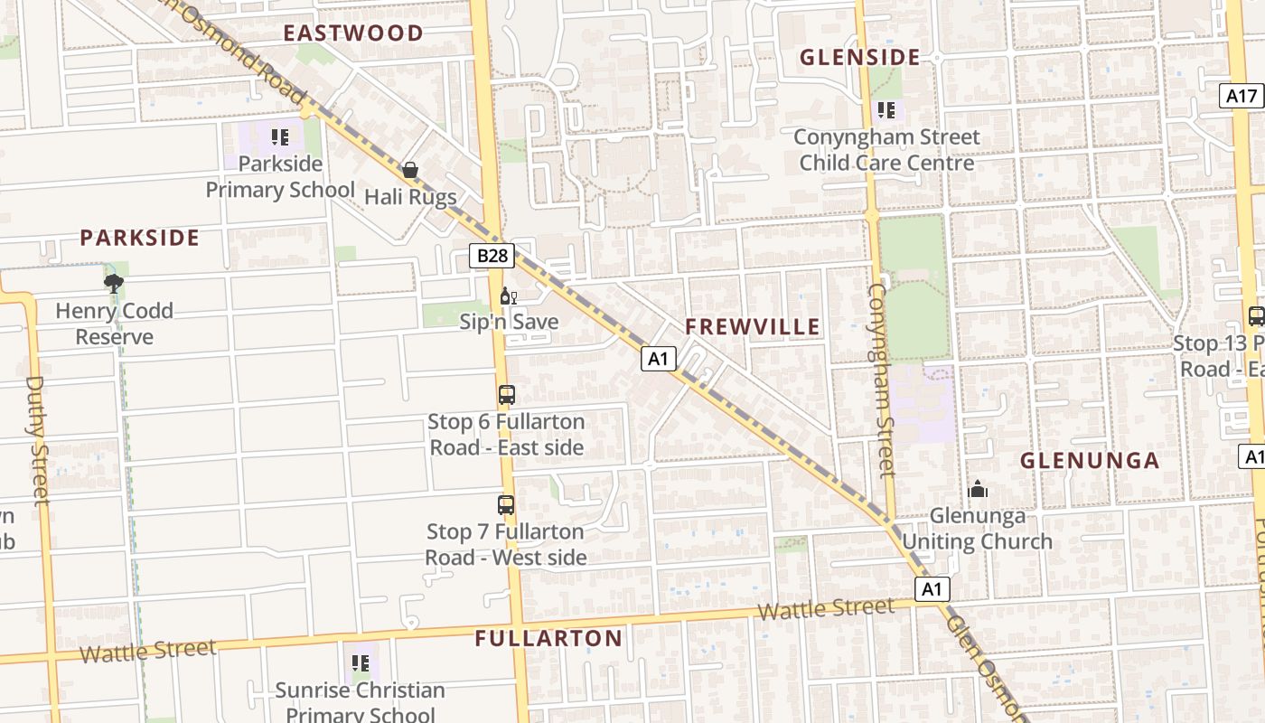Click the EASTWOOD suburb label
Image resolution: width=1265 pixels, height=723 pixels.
tap(353, 33)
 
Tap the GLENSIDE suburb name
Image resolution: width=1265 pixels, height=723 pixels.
tap(860, 58)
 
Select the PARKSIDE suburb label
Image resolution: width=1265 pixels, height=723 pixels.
tap(139, 238)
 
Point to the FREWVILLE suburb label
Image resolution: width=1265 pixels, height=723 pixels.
tap(753, 327)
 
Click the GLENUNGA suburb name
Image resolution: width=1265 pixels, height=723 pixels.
tap(1090, 461)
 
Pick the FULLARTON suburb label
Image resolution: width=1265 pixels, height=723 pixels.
tap(548, 639)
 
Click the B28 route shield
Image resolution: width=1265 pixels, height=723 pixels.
tap(492, 256)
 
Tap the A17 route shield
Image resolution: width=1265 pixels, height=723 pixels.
tap(1242, 96)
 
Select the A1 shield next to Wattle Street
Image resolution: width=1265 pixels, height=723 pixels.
tap(932, 590)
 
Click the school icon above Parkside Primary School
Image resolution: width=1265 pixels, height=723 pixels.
tap(280, 137)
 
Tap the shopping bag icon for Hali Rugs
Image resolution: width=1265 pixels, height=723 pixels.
tap(410, 170)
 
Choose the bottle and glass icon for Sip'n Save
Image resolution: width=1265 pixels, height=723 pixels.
tap(509, 296)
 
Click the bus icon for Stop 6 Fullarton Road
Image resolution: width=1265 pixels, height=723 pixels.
tap(506, 395)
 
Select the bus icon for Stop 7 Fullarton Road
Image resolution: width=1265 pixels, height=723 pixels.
tap(506, 505)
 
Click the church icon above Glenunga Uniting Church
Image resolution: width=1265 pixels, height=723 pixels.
tap(978, 490)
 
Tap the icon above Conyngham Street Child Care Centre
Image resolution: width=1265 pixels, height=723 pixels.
tap(886, 110)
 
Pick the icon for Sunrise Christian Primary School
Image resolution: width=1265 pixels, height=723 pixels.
tap(361, 664)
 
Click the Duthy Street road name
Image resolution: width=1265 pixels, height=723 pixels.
tap(36, 440)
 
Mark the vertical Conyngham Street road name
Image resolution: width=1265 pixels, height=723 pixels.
tap(881, 380)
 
